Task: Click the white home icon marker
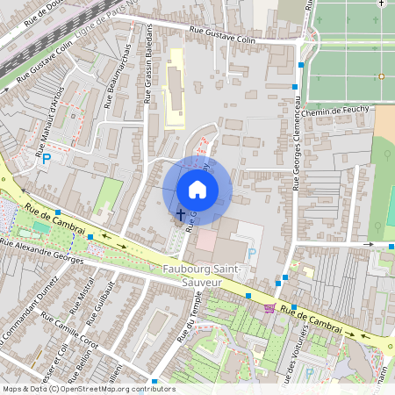coord(197,189)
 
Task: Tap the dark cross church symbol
coord(181,212)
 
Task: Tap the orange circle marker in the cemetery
coord(382,76)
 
